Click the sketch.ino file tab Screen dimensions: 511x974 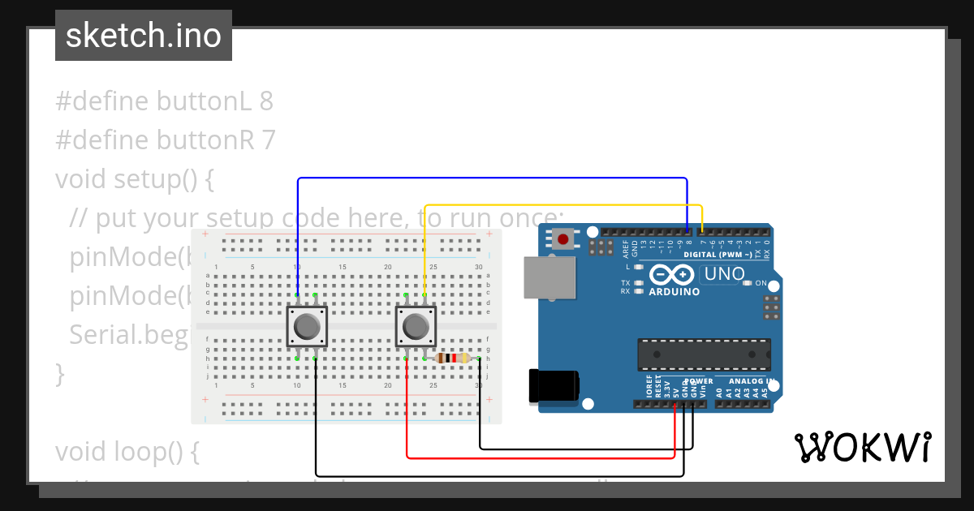[x=143, y=36]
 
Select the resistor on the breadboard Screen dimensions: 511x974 [x=452, y=358]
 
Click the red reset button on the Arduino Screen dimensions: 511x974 [x=563, y=239]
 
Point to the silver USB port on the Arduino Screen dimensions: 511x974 [x=545, y=277]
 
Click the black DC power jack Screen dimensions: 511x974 [x=553, y=384]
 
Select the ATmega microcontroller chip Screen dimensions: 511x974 [x=704, y=354]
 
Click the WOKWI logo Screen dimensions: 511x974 [x=862, y=447]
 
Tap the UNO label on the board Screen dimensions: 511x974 [x=725, y=274]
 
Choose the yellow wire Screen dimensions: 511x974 [x=560, y=205]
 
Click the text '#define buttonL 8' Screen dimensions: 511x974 [x=164, y=101]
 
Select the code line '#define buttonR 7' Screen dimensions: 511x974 [x=166, y=140]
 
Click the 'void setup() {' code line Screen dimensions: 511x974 [x=134, y=178]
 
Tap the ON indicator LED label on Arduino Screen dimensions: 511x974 [x=761, y=283]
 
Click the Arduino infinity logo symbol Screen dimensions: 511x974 [x=670, y=275]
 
